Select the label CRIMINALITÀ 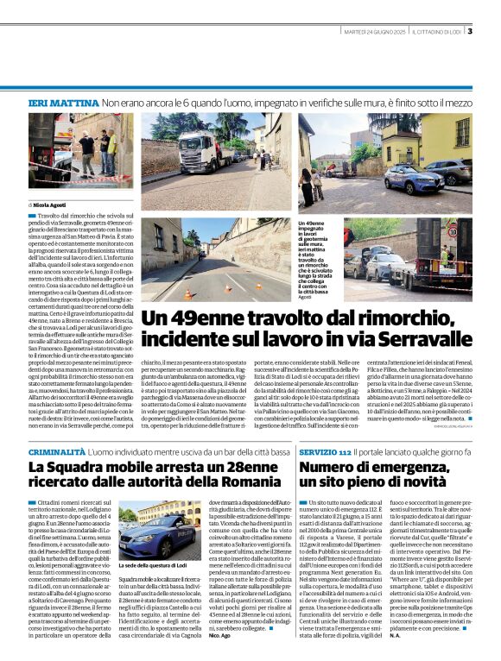(x=56, y=452)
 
